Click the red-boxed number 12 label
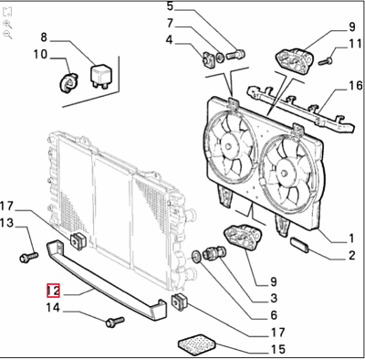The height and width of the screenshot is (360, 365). pyautogui.click(x=53, y=291)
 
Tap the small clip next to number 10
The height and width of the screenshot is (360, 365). pyautogui.click(x=69, y=82)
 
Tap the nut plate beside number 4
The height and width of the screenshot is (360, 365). pyautogui.click(x=208, y=59)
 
